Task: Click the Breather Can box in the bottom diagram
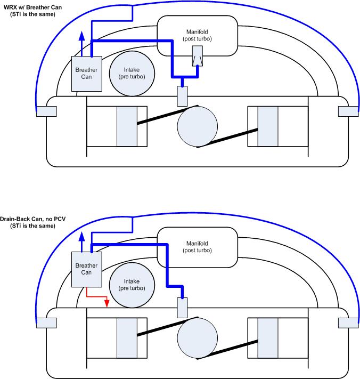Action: [x=85, y=269]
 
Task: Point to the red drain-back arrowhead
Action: [x=107, y=305]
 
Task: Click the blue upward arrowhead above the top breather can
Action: [x=81, y=36]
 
